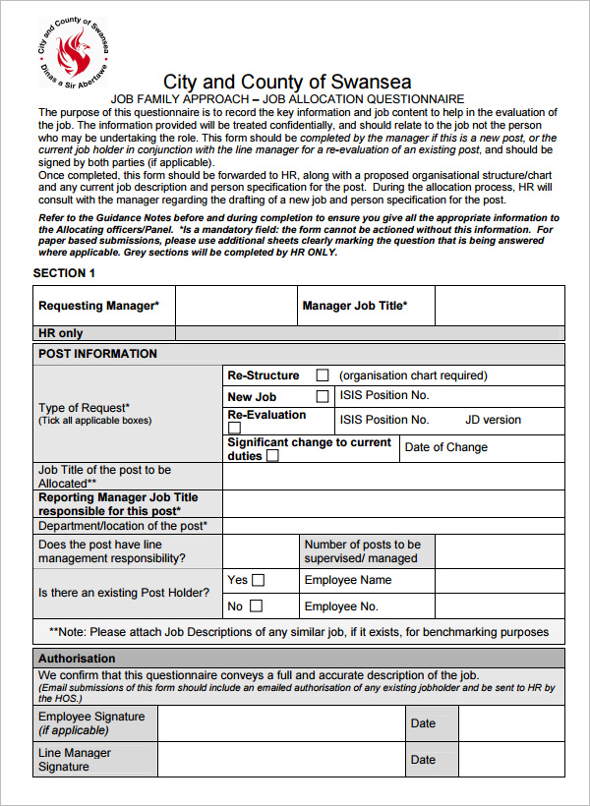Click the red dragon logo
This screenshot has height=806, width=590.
point(72,52)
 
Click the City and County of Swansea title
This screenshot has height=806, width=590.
point(287,82)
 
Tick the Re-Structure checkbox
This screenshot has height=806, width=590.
point(322,375)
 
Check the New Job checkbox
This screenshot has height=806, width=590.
point(322,397)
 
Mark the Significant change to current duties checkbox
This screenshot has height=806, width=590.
point(272,456)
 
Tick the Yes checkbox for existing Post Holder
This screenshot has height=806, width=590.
point(258,580)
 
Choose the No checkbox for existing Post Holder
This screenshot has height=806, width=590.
point(256,606)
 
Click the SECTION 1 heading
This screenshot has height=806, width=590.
point(65,273)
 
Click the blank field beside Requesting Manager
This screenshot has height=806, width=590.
point(236,306)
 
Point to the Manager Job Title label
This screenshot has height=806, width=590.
point(355,306)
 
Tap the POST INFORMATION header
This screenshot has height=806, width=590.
point(97,354)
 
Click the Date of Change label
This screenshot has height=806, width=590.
point(445,447)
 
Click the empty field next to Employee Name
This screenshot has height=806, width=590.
point(500,580)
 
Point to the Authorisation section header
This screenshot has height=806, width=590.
point(77,659)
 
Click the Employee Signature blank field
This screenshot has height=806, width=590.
point(281,723)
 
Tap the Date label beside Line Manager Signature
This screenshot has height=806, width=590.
point(423,760)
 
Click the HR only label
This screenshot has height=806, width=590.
point(61,333)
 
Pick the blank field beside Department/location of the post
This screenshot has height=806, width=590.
point(393,526)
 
